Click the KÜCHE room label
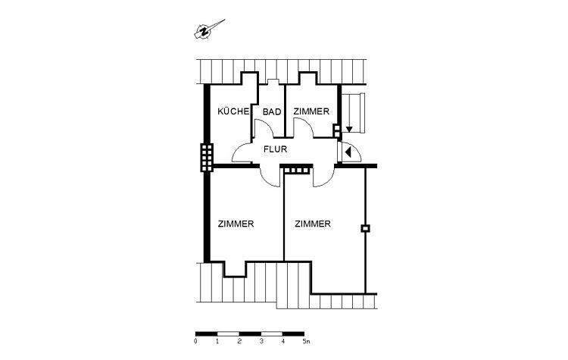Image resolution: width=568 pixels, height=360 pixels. pyautogui.click(x=233, y=111)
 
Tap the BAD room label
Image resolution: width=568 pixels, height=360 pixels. pyautogui.click(x=272, y=111)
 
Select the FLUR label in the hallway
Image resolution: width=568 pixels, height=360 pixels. pyautogui.click(x=274, y=149)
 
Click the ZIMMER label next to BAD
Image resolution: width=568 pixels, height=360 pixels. pyautogui.click(x=311, y=111)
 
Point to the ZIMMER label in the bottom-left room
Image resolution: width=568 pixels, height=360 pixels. pyautogui.click(x=235, y=224)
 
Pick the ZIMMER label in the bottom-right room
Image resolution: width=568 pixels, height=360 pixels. pyautogui.click(x=313, y=224)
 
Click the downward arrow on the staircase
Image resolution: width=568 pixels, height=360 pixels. pyautogui.click(x=349, y=130)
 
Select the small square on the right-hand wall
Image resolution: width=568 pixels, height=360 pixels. pyautogui.click(x=366, y=228)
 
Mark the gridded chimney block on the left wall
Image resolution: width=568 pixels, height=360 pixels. pyautogui.click(x=207, y=158)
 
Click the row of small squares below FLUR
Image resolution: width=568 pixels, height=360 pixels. pyautogui.click(x=296, y=171)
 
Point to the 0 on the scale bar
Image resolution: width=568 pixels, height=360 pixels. pyautogui.click(x=195, y=343)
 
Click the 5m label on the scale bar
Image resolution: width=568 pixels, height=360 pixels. pyautogui.click(x=305, y=343)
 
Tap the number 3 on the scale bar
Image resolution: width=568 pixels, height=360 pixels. pyautogui.click(x=261, y=343)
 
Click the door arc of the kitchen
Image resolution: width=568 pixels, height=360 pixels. pyautogui.click(x=241, y=155)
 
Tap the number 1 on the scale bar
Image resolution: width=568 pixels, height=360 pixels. pyautogui.click(x=217, y=343)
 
